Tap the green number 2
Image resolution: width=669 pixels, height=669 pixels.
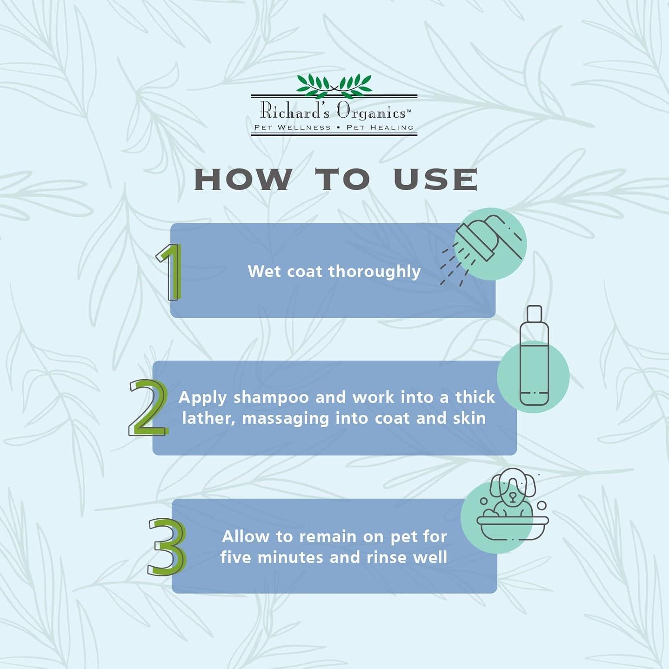tap(149, 407)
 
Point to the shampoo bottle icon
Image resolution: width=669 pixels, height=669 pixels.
tap(534, 355)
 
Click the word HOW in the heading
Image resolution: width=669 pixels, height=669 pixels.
tap(243, 179)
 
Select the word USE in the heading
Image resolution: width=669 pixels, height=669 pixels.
tap(435, 179)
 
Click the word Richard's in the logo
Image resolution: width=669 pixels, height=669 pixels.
tap(295, 110)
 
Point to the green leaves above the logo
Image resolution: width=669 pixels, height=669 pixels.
tap(334, 85)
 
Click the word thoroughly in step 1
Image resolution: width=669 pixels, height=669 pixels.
tap(375, 272)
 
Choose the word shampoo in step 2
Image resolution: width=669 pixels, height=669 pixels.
tap(271, 398)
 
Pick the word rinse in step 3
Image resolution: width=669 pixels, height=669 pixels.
tap(384, 557)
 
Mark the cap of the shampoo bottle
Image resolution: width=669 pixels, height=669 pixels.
tap(534, 314)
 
